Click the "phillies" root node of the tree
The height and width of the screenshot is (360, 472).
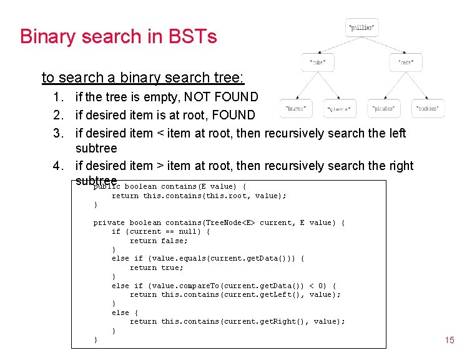[x=361, y=27]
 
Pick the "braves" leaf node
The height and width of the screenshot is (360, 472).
[x=295, y=108]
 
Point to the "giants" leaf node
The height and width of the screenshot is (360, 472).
[x=340, y=109]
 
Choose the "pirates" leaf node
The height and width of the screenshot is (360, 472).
[x=384, y=108]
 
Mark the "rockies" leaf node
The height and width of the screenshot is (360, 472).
[x=428, y=108]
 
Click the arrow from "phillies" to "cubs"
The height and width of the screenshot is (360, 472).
[x=340, y=46]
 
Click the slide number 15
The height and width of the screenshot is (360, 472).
[x=449, y=340]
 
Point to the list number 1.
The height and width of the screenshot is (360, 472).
[x=58, y=97]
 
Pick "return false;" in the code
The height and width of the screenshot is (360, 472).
[x=159, y=241]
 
